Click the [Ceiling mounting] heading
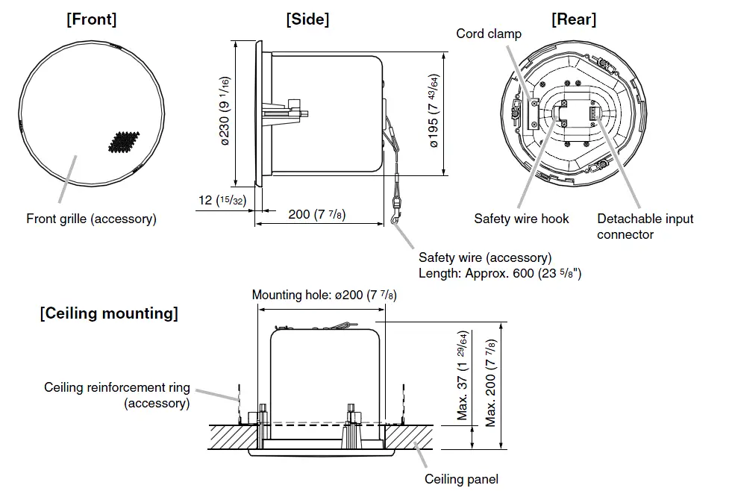tap(109, 313)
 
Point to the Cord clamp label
tap(489, 34)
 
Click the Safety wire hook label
tap(521, 219)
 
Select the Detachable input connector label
tap(645, 226)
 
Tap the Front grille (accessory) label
tap(91, 219)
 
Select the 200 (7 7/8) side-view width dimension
tap(316, 215)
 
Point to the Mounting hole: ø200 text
tap(324, 295)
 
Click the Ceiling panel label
tap(461, 479)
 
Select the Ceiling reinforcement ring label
tap(117, 395)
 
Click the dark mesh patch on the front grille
tap(121, 143)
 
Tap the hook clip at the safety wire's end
tap(395, 216)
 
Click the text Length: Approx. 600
tap(500, 273)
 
